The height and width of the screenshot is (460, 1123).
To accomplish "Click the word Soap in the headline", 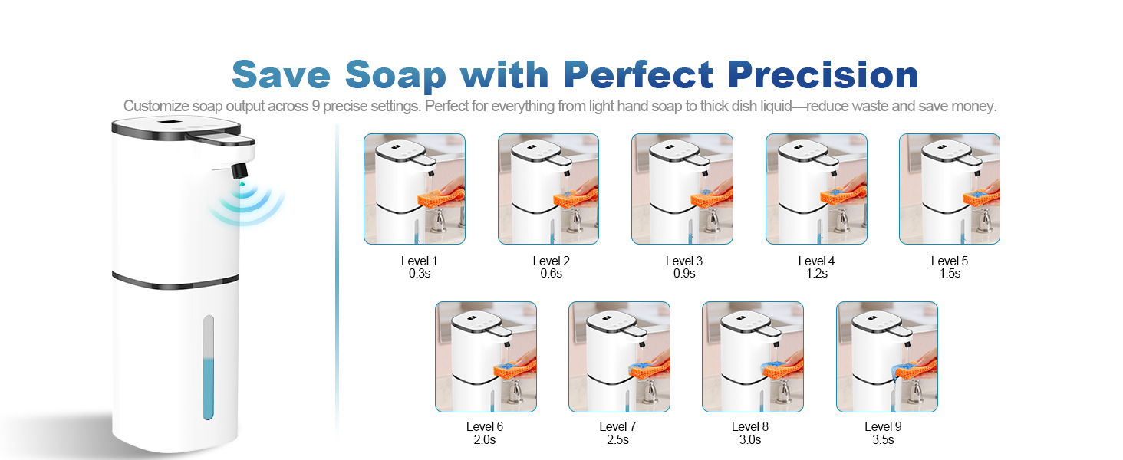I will pos(395,75).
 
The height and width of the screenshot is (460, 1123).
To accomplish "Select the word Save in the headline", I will pos(282,75).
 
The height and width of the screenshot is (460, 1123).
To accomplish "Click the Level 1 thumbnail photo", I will pos(414,189).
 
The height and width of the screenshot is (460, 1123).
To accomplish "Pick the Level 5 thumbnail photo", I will pos(950,189).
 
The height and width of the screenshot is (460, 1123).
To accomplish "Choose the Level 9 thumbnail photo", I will pos(887,356).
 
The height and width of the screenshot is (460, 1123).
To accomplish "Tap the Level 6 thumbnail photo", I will pos(486,356).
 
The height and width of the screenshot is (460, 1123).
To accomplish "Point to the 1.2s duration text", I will pos(815,274).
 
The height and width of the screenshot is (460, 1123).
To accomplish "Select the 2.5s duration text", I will pos(618,440).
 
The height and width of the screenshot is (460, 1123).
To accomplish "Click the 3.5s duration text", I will pos(883,440).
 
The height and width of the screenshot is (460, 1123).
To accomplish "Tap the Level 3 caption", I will pos(684,261).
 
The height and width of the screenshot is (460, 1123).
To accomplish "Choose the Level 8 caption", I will pos(750,427).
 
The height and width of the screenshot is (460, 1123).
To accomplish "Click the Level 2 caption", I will pos(552,261).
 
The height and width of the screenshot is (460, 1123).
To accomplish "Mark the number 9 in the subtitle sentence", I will pos(316,107).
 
